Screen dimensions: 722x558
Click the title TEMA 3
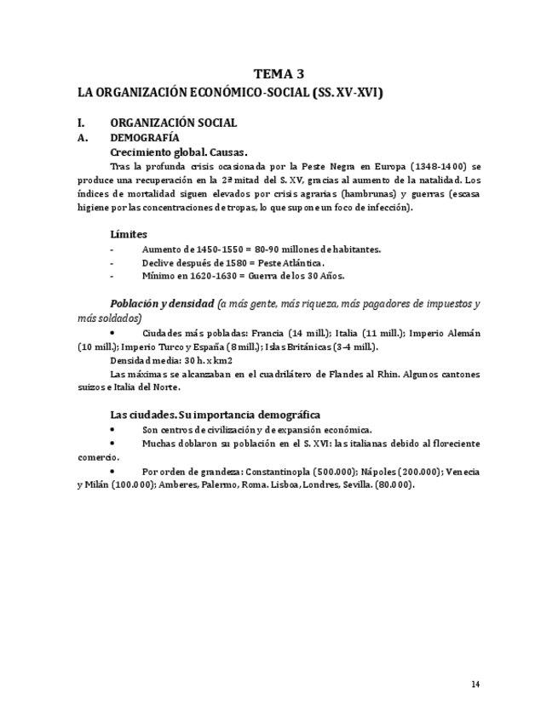point(279,74)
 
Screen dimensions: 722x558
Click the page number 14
point(475,684)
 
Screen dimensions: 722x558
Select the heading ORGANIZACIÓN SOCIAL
point(173,123)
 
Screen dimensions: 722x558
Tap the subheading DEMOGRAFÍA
point(145,137)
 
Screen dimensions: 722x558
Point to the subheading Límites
point(129,234)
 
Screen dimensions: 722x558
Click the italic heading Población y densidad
point(161,304)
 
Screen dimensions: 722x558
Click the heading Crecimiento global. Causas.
point(179,152)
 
